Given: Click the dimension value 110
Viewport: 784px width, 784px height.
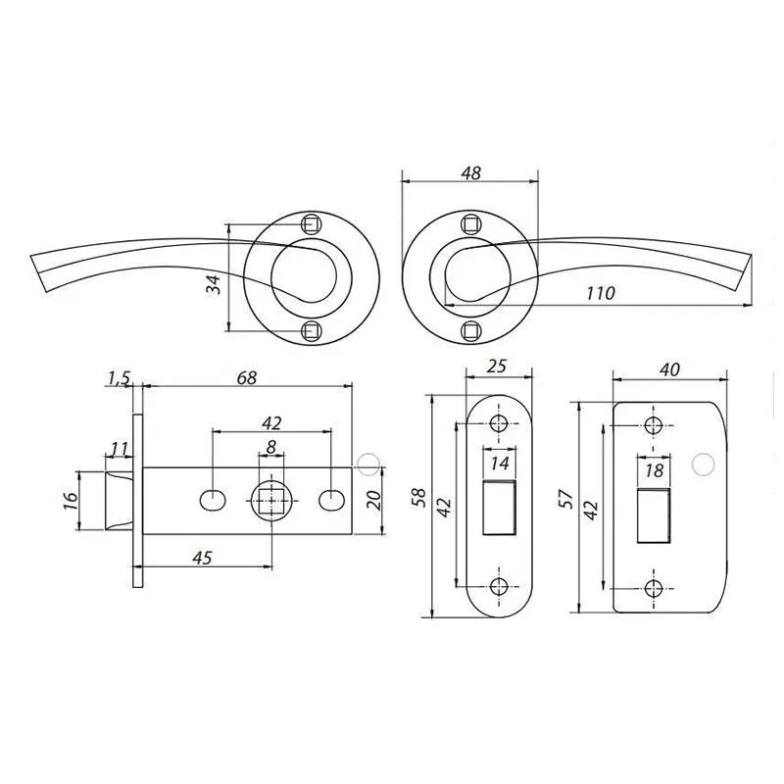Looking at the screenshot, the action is coord(601,292).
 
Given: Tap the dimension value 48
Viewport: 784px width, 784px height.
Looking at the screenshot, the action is coord(470,172).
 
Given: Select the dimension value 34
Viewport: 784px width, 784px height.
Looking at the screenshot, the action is coord(214,284).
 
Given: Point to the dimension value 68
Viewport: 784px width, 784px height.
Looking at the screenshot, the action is coord(247,377).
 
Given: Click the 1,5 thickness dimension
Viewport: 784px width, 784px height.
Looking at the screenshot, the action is coord(119,379).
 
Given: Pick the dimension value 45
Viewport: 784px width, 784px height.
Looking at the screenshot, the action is coord(202,557).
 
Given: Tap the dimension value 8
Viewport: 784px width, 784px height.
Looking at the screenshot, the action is coord(270,447).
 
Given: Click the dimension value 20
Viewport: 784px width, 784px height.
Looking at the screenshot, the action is coord(375,500).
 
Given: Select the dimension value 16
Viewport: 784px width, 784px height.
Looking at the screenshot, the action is coord(71,500).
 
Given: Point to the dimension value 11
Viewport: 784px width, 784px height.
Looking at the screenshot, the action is coord(119,449).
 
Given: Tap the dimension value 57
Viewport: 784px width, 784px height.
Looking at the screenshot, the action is coord(565,499).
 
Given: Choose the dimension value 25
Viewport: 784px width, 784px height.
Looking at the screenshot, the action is coord(497,366).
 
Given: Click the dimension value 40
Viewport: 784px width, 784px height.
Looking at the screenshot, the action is coord(669,369).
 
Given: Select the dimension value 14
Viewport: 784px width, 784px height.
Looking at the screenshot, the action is coord(500,463).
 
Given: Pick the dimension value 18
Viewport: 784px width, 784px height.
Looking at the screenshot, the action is coord(654,470).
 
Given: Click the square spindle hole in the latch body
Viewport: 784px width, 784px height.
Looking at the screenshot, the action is coord(271,501).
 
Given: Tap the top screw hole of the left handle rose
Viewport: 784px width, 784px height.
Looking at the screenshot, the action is coord(311,223).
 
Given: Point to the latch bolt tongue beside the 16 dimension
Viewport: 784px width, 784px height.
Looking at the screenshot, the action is coord(119,500).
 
